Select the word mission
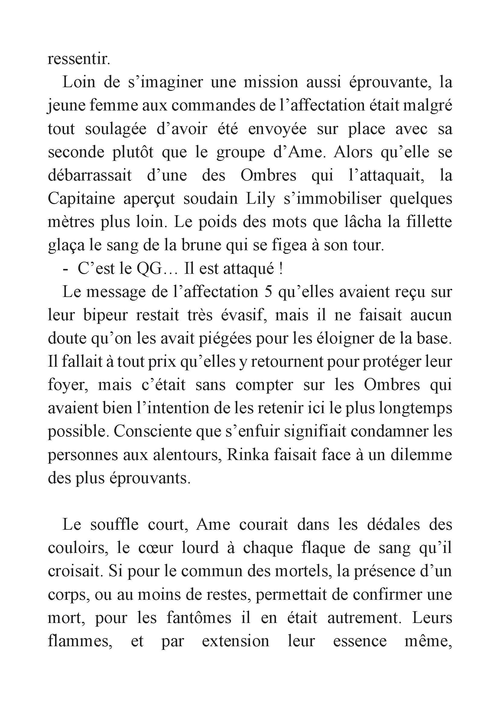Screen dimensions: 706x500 (x=271, y=82)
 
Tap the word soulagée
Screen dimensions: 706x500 (x=115, y=129)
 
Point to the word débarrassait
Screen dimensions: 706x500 (x=90, y=176)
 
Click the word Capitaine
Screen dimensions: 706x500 (x=81, y=199)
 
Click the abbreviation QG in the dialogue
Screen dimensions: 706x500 (x=149, y=269)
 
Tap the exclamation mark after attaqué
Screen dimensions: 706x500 (x=281, y=269)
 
